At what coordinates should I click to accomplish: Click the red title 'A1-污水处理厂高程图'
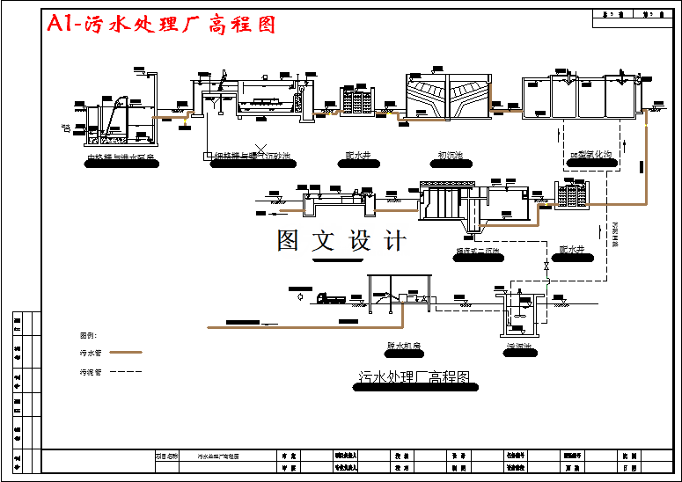pyautogui.click(x=162, y=24)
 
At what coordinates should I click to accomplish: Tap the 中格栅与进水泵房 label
pyautogui.click(x=121, y=159)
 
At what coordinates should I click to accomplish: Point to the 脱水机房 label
pyautogui.click(x=404, y=346)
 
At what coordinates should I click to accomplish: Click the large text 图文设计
pyautogui.click(x=341, y=240)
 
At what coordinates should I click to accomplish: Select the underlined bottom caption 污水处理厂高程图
pyautogui.click(x=414, y=377)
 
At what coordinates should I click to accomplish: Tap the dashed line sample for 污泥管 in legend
pyautogui.click(x=124, y=372)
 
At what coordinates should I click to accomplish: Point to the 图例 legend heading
pyautogui.click(x=88, y=335)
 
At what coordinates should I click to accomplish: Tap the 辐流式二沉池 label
pyautogui.click(x=478, y=251)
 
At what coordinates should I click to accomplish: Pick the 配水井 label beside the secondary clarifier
pyautogui.click(x=572, y=250)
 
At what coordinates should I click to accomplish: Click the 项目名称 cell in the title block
pyautogui.click(x=166, y=456)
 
